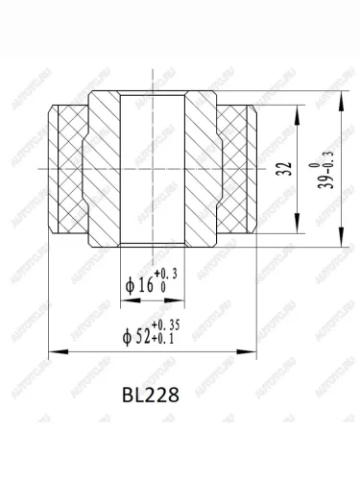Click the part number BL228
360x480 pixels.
(151, 395)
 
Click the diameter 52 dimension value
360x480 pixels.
(142, 337)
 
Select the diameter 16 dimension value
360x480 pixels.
(145, 285)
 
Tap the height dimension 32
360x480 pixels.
(288, 169)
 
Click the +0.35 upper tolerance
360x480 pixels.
(165, 325)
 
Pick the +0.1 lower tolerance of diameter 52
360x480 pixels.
(162, 339)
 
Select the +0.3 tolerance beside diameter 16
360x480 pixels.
(165, 274)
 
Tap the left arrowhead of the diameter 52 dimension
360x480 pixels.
(59, 351)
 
